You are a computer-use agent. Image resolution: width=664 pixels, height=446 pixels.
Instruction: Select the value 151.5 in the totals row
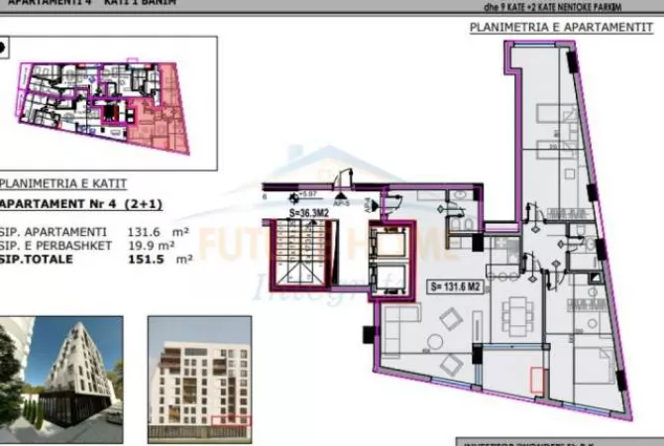pyautogui.click(x=146, y=260)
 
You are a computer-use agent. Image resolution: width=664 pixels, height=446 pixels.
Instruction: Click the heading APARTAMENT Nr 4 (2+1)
pyautogui.click(x=81, y=205)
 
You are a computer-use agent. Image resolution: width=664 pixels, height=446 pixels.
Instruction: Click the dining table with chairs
pyautogui.click(x=516, y=315)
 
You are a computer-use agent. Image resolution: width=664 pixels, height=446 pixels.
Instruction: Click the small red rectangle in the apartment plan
pyautogui.click(x=538, y=381)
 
